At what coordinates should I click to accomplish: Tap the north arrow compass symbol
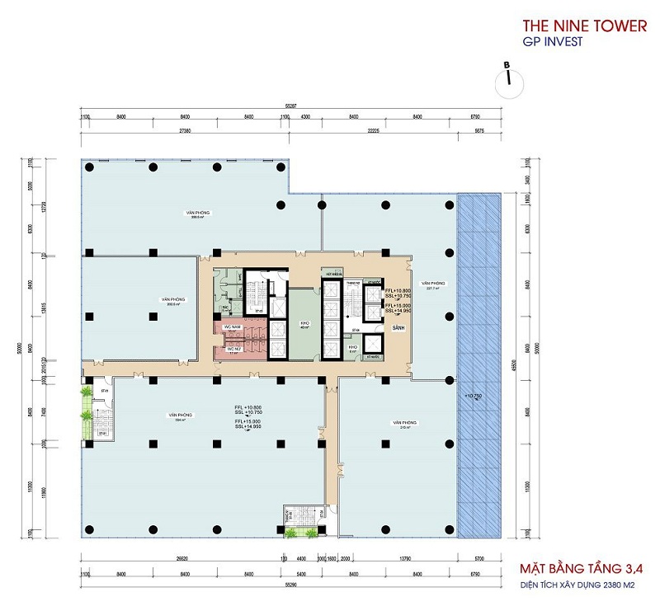(x=509, y=78)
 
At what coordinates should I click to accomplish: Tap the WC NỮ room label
(x=233, y=350)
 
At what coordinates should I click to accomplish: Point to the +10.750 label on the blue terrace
(x=473, y=397)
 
